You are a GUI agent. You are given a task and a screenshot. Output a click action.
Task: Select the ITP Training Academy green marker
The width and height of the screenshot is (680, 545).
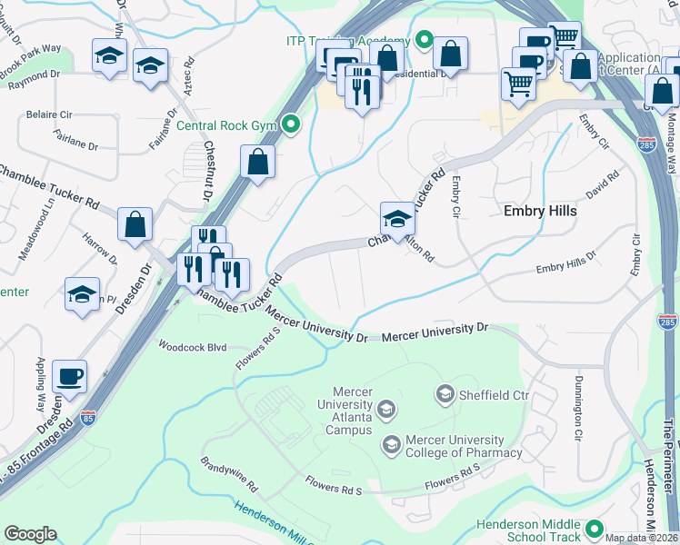(x=424, y=41)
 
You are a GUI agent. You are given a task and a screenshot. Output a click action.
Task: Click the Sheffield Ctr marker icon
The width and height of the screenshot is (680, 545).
(x=445, y=393)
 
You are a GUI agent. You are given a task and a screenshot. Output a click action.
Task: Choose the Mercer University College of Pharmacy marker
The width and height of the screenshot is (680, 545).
(x=392, y=444)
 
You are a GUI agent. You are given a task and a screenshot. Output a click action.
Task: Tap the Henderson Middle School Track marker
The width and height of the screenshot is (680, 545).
(x=595, y=528)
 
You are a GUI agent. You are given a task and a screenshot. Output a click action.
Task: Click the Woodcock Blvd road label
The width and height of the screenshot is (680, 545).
(x=191, y=346)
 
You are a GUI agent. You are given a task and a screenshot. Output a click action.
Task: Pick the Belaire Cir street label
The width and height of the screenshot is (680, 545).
(x=48, y=116)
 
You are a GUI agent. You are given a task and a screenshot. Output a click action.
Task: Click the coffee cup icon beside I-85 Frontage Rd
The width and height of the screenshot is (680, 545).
(x=69, y=375)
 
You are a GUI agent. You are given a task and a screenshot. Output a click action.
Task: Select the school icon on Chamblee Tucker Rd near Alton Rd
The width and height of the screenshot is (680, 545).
(x=397, y=219)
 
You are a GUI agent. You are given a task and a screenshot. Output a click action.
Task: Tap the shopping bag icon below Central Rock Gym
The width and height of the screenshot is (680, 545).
(x=258, y=163)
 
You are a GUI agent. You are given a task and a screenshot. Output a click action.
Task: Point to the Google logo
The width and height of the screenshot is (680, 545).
(x=30, y=533)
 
